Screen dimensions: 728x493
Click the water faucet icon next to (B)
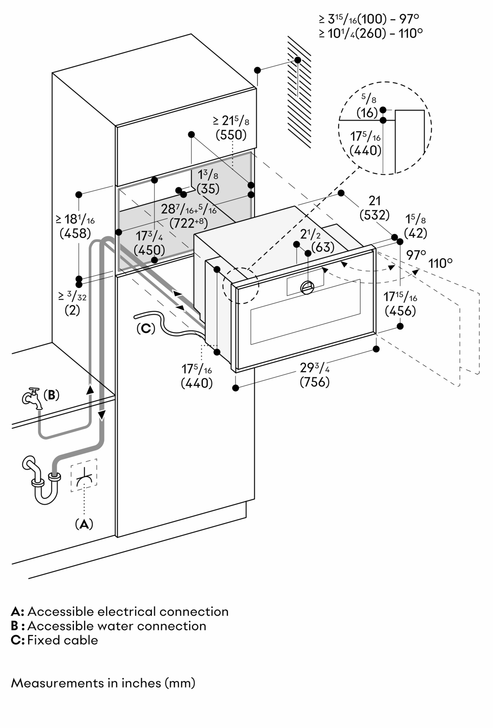[31, 397]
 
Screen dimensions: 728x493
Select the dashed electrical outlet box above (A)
[84, 475]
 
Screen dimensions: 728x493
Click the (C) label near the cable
[146, 328]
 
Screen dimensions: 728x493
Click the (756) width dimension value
[315, 382]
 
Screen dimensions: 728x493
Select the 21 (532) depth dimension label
[375, 208]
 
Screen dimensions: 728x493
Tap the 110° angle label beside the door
[440, 263]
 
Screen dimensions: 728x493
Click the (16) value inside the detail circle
[367, 113]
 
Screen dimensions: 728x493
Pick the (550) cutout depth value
[231, 135]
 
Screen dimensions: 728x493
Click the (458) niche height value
[75, 233]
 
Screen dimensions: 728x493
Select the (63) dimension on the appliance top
[323, 247]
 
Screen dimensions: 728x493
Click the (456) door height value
[400, 311]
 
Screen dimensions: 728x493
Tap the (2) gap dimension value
[72, 310]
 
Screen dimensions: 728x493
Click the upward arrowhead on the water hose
[89, 389]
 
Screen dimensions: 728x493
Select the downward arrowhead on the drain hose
[102, 415]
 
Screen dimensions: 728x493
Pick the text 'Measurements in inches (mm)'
[103, 683]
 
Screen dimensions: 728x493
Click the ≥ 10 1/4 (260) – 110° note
[370, 33]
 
